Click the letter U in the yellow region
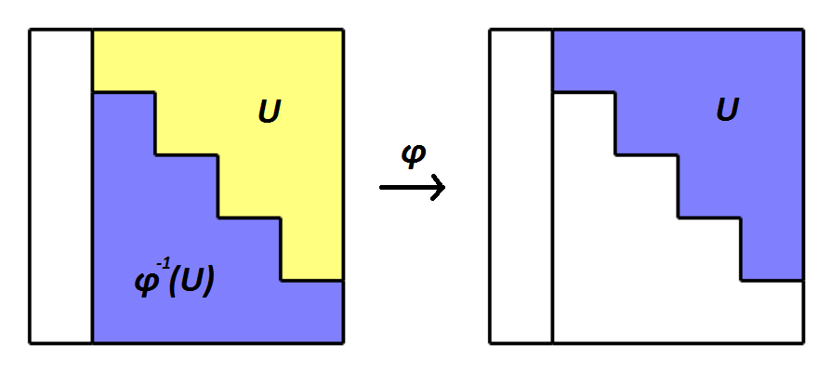(270, 113)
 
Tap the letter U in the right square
(728, 112)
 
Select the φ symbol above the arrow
(412, 155)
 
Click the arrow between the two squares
(412, 187)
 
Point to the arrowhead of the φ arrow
(439, 187)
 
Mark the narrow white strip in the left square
(61, 186)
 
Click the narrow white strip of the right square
(521, 186)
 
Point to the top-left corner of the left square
(31, 31)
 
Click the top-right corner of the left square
(343, 31)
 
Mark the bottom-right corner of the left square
(343, 342)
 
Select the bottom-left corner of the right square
(491, 342)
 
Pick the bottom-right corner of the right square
(803, 342)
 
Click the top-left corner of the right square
(491, 31)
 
